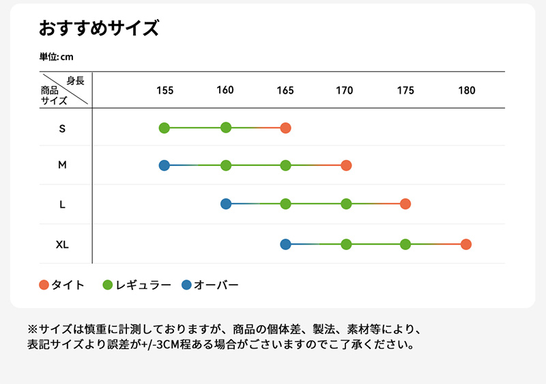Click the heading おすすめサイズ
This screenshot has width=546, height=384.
click(x=99, y=29)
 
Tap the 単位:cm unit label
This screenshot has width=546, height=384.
click(x=56, y=57)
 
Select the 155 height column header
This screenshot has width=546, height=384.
click(x=164, y=90)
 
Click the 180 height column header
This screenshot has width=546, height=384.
click(x=466, y=90)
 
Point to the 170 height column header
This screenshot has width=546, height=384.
click(x=345, y=90)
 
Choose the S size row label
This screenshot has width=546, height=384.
click(x=62, y=128)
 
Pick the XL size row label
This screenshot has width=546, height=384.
click(x=62, y=244)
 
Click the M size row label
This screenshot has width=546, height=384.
click(x=62, y=165)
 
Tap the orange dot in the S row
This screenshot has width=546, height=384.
click(x=285, y=128)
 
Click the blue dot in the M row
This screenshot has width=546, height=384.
click(x=164, y=165)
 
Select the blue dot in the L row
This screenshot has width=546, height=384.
click(x=226, y=204)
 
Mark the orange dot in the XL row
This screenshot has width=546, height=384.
click(x=466, y=244)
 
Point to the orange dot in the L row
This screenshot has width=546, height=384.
click(x=405, y=204)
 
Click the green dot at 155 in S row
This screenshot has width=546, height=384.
click(x=164, y=128)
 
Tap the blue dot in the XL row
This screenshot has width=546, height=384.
click(x=285, y=244)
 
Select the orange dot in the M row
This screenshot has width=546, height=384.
click(x=346, y=165)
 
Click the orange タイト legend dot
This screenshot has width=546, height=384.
click(x=44, y=285)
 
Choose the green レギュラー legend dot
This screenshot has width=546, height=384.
click(x=107, y=285)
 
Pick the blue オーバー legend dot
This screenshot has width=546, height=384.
click(x=187, y=285)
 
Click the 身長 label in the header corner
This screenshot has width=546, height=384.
click(x=76, y=81)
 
